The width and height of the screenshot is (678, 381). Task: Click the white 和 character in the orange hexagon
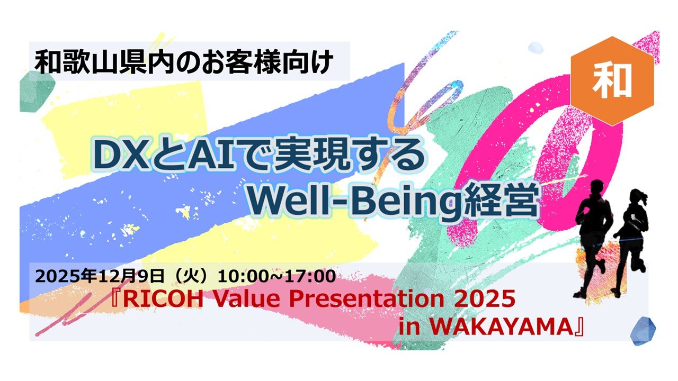pos(611,81)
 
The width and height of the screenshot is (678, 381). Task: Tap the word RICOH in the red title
pos(163,299)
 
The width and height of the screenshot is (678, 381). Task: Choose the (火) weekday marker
pos(192,276)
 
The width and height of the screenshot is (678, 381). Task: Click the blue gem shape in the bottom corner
pos(643,331)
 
